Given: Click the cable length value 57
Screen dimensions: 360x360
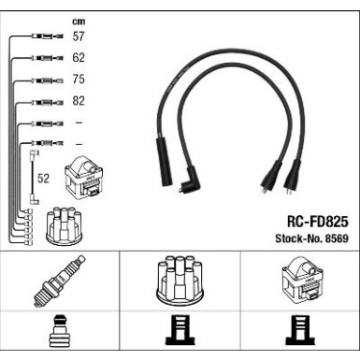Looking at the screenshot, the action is click(x=79, y=36).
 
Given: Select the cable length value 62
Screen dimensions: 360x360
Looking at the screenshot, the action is click(x=79, y=58).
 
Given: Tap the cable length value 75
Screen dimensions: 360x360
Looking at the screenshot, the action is click(x=79, y=79).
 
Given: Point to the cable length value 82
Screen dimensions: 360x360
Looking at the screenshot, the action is click(x=79, y=101).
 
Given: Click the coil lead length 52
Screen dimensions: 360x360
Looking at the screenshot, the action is click(x=43, y=177).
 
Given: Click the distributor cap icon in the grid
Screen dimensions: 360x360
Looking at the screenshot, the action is click(x=179, y=280).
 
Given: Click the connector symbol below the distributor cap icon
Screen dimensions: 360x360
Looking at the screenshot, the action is click(x=179, y=335).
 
